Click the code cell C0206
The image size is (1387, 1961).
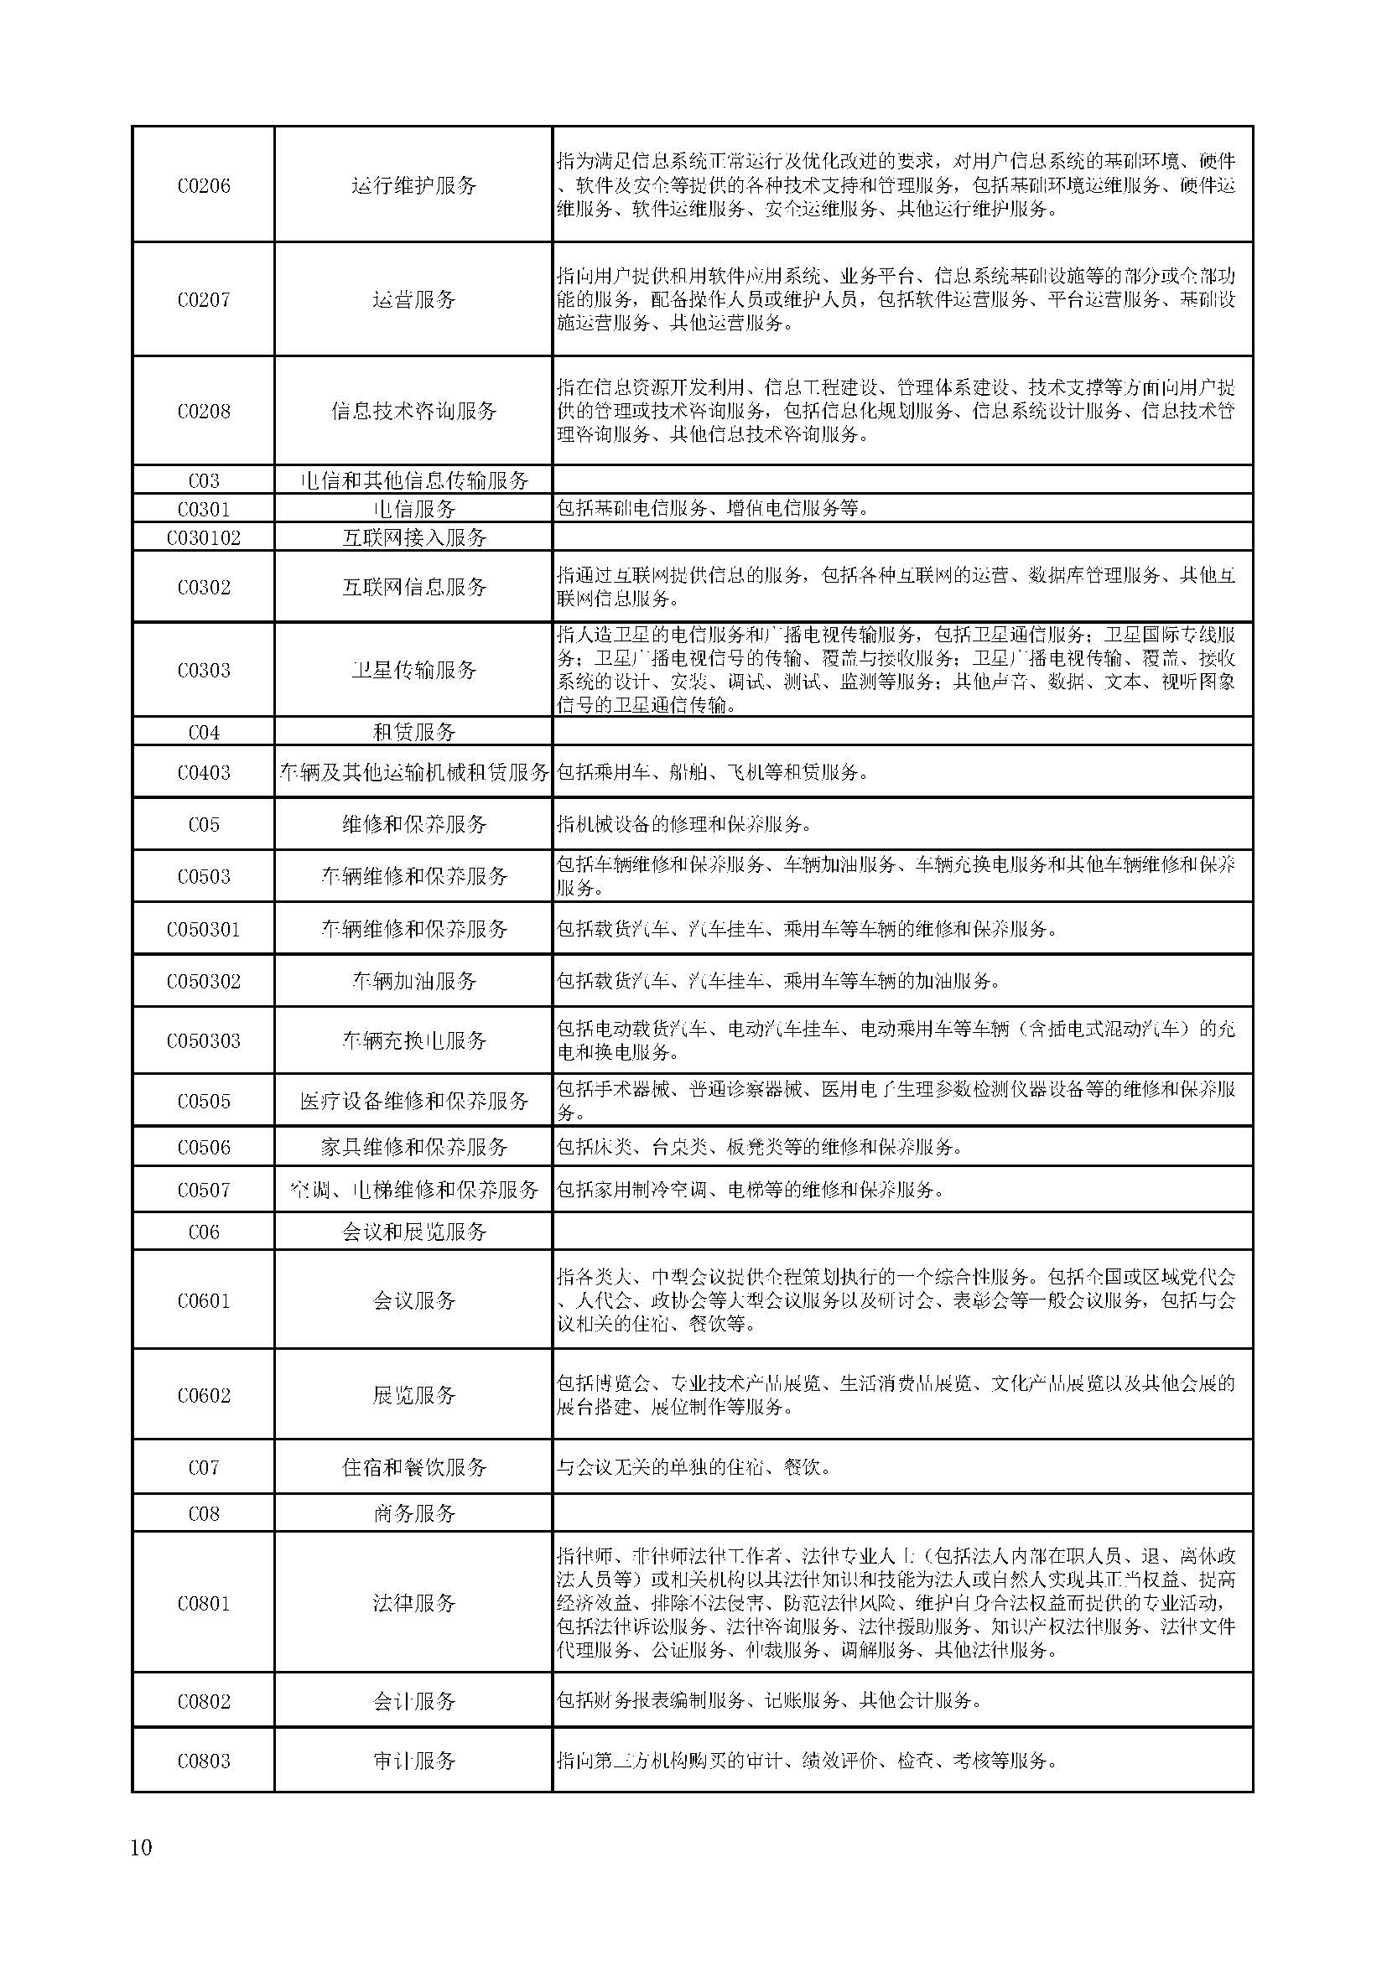(x=203, y=185)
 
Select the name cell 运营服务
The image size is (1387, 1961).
(x=414, y=300)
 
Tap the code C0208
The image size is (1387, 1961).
(x=203, y=412)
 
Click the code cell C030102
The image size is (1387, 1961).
(x=203, y=537)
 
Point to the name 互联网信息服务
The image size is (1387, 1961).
(x=414, y=587)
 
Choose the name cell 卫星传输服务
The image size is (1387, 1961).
(x=414, y=670)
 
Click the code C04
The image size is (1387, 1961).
(x=203, y=732)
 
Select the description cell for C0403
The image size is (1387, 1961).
(x=902, y=772)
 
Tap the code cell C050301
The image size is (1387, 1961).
(x=203, y=929)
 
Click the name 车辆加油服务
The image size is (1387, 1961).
(x=414, y=981)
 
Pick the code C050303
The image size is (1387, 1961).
(x=203, y=1040)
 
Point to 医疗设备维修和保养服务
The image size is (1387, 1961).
(x=414, y=1101)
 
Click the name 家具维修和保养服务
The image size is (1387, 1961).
(x=414, y=1147)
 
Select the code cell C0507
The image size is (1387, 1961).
(x=203, y=1190)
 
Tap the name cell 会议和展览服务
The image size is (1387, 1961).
(x=414, y=1232)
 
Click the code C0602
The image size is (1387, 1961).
(x=203, y=1395)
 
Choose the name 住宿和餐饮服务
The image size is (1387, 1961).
(x=414, y=1467)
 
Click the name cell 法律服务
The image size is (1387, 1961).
(x=414, y=1603)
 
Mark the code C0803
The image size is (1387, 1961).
(x=203, y=1761)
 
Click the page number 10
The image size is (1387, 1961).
(x=141, y=1849)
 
